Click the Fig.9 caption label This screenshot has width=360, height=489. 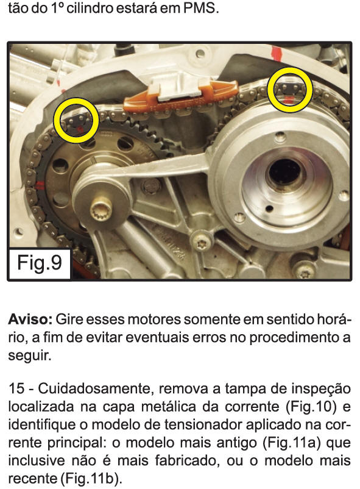[x=40, y=263]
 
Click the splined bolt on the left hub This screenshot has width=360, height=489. [x=101, y=210]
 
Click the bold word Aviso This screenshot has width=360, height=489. [x=30, y=319]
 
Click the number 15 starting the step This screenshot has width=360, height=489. [x=16, y=389]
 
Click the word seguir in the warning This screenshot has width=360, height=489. [x=29, y=356]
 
